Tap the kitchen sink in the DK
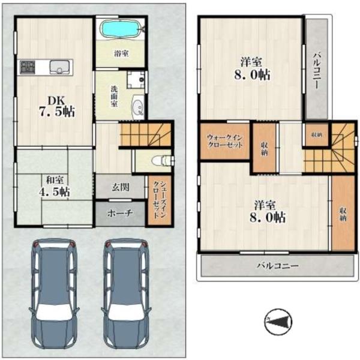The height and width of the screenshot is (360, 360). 59,67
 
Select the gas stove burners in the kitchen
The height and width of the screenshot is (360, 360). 28,67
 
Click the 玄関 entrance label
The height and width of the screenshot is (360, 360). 121,188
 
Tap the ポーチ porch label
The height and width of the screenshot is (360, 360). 120,213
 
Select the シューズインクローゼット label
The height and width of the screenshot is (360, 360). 160,200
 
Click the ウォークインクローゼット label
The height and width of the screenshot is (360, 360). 224,142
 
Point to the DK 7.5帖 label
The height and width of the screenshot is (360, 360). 58,106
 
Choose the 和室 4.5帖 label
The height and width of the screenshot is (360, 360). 55,186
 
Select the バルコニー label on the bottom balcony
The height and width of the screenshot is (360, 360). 278,266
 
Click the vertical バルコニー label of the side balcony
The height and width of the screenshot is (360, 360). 317,71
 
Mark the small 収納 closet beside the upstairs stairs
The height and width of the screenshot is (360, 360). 317,135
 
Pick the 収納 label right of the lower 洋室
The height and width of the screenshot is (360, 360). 343,214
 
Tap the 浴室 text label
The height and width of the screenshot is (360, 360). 121,54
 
